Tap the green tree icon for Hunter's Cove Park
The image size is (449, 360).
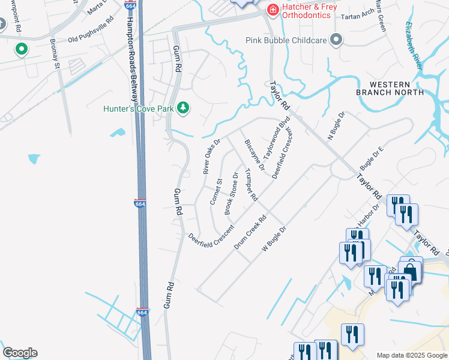183,108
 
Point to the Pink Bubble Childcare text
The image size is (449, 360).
286,40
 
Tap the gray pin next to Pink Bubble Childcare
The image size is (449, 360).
336,40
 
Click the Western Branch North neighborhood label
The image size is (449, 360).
390,88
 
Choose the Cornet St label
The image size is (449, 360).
216,191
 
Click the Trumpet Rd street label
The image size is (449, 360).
251,185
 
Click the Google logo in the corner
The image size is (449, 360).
20,353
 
